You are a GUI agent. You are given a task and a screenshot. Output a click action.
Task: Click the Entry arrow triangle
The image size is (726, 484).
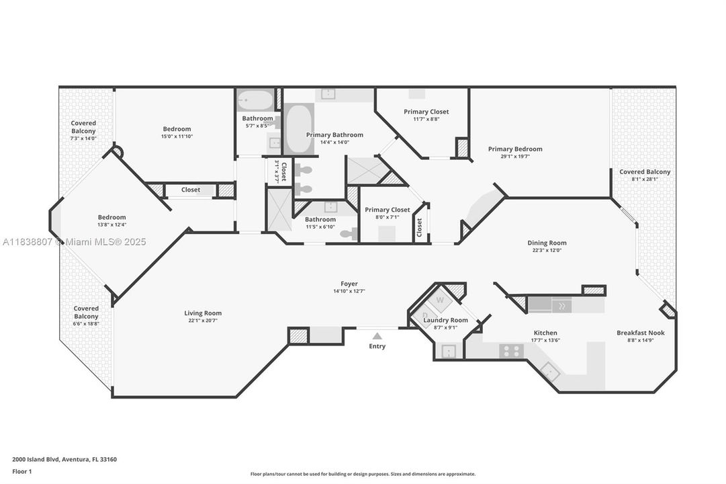[377, 335]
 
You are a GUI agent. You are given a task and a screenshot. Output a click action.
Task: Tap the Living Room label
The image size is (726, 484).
[203, 313]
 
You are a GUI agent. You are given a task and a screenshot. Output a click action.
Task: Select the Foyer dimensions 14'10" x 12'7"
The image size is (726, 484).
[349, 292]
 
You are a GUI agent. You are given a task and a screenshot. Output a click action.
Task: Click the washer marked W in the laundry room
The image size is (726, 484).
[440, 300]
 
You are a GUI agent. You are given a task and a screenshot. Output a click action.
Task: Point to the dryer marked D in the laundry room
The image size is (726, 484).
[424, 315]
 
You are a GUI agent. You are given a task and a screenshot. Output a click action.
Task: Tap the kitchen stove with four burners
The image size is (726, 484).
[511, 350]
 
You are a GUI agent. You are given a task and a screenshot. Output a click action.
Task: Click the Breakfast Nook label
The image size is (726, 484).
[640, 333]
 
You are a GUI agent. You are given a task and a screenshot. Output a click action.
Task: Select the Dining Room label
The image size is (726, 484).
[547, 243]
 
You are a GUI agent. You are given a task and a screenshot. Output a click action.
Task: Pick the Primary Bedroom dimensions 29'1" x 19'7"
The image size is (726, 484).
[514, 157]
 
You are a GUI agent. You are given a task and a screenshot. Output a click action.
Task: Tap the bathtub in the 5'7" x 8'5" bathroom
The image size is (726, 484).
[256, 100]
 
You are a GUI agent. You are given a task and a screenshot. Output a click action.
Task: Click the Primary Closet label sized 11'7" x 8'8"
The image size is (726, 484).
[426, 112]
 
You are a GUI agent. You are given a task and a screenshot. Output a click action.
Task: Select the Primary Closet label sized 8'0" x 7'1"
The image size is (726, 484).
[387, 210]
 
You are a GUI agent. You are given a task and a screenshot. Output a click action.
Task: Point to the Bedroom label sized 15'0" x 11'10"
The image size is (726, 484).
[177, 129]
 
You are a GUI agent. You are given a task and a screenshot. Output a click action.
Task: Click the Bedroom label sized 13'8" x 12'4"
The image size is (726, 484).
[111, 217]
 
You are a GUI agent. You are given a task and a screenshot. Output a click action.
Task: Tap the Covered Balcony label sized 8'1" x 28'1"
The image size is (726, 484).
[645, 172]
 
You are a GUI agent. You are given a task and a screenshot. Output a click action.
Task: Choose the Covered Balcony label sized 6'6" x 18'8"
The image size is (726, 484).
[86, 312]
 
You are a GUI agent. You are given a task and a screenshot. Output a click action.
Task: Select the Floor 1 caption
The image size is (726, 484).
[21, 472]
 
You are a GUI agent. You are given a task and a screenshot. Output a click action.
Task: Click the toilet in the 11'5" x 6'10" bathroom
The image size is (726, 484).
[347, 234]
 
